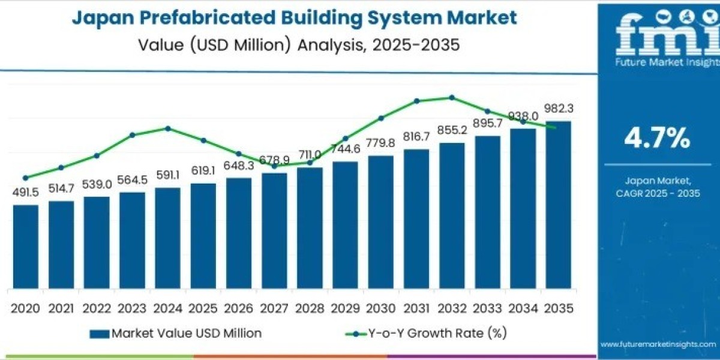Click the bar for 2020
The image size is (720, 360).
coord(25,246)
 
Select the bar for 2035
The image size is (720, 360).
coord(558,204)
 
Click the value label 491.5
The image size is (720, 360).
coord(25,193)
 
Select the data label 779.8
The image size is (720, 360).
coord(381,143)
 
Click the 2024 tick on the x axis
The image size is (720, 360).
coord(167,308)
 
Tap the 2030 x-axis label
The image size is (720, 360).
coord(381,308)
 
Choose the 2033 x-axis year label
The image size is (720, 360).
coord(487,308)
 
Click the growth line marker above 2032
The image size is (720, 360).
coord(452,97)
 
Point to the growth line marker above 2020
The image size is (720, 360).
coord(25,178)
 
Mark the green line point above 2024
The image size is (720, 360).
coord(167,128)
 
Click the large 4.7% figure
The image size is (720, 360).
coord(658,139)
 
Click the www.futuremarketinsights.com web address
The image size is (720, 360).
coord(658,344)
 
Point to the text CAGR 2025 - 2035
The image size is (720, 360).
coord(658,193)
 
